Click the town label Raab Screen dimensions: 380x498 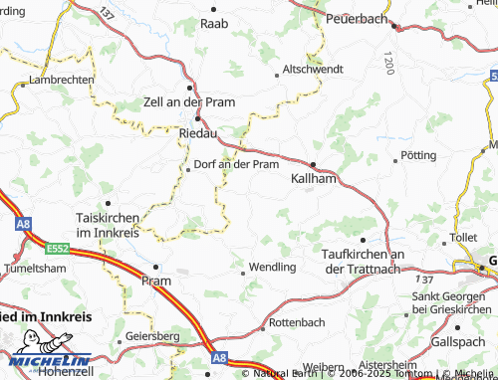pos(215,22)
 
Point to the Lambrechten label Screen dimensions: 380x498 pos(62,80)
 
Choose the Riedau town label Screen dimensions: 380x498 pos(199,131)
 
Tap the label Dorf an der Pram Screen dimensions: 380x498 pos(236,164)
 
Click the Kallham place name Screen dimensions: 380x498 pos(313,179)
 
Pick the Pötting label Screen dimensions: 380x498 pos(417,156)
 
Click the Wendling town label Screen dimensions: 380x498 pos(272,268)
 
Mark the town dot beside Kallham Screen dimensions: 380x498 pos(313,164)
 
